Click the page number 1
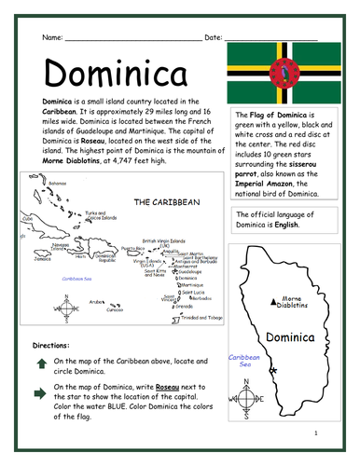[316, 433]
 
